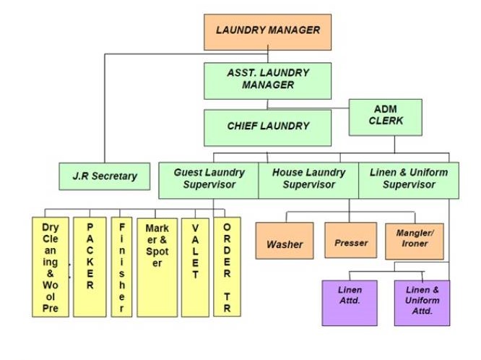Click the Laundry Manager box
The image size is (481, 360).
coord(268,32)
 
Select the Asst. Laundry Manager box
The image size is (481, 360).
coord(267,80)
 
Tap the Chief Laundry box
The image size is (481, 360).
coord(267,127)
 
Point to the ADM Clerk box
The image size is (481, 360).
coord(385,117)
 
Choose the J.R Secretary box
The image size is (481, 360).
coord(104,176)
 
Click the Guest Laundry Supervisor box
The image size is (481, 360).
coord(209,179)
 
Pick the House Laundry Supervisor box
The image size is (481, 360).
coord(308,179)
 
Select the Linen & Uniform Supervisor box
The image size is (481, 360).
coord(408,179)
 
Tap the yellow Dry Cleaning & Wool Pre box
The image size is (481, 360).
coord(51,267)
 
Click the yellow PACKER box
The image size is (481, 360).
coord(90,267)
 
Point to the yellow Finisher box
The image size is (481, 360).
coord(121,267)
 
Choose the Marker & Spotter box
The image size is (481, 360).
coord(157,267)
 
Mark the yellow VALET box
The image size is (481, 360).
coord(194,267)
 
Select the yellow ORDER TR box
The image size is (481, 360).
coord(227,267)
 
